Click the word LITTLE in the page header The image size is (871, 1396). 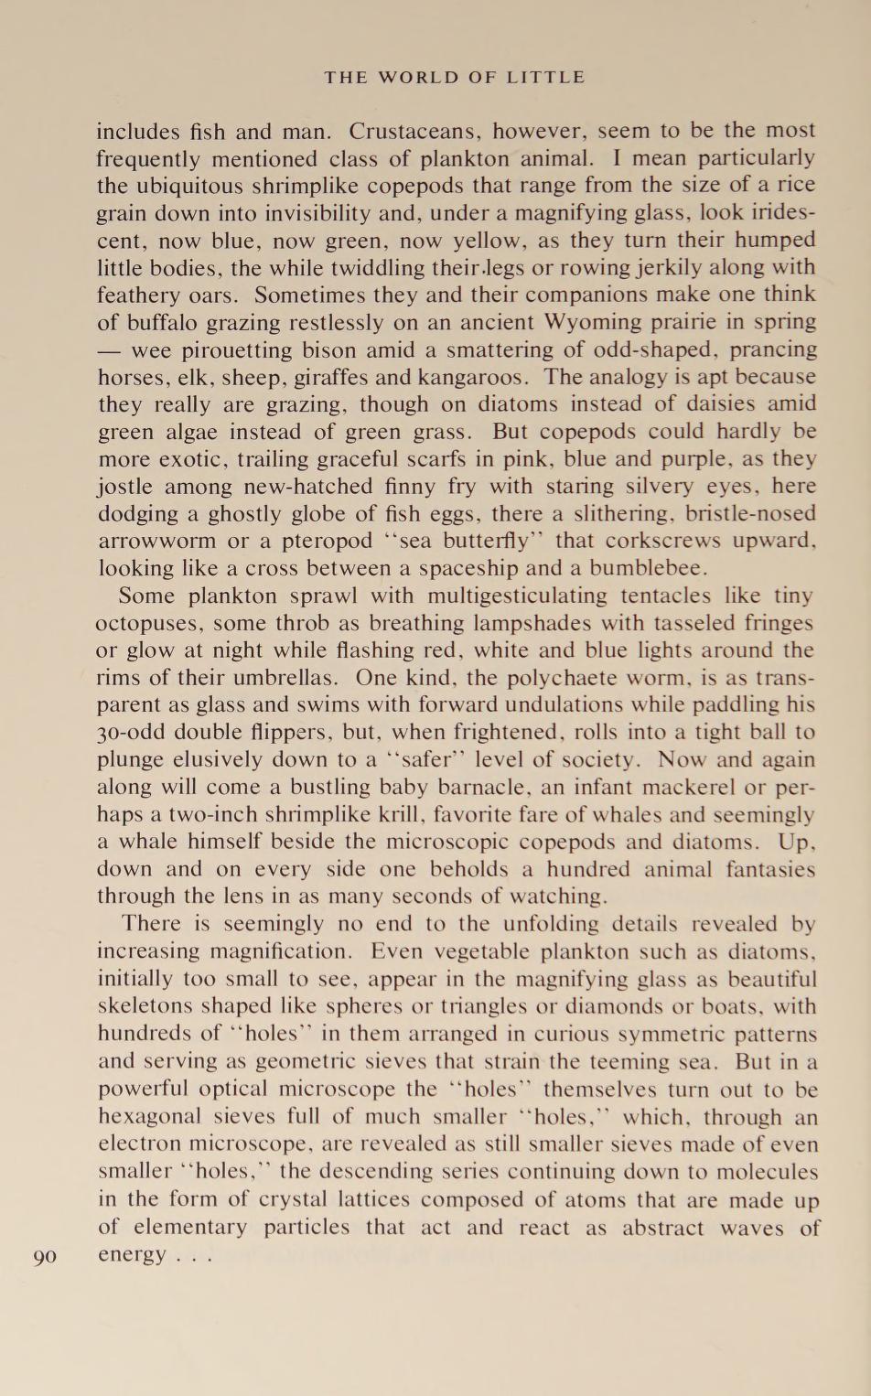pos(545,78)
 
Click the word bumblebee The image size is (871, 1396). pos(646,568)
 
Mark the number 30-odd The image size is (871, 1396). pos(130,733)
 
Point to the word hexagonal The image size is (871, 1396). pos(148,1117)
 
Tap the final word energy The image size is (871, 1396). pos(134,1255)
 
